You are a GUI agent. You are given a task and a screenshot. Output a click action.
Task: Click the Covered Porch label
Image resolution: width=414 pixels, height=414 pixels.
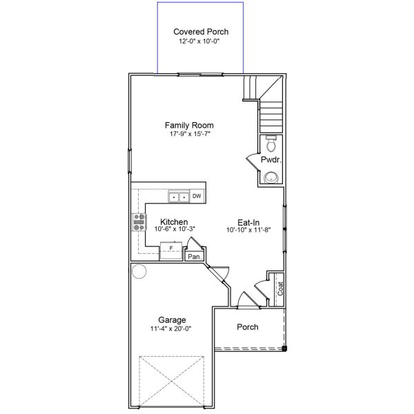(201, 32)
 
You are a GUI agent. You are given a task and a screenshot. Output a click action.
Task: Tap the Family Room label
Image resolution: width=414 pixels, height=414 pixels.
(189, 125)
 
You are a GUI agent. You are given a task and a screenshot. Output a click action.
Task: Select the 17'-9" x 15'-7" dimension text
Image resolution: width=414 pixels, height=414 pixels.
(189, 134)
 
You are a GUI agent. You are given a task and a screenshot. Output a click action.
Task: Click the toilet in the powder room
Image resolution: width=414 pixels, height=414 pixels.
(271, 145)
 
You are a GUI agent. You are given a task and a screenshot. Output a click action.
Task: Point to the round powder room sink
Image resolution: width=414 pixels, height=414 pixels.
(271, 177)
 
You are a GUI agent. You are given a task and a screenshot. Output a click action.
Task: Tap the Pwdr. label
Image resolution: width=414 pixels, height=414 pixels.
(269, 160)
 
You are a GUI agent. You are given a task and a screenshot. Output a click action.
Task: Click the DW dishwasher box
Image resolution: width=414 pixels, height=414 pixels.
(197, 197)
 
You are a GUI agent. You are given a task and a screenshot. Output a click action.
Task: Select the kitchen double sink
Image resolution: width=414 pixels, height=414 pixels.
(179, 197)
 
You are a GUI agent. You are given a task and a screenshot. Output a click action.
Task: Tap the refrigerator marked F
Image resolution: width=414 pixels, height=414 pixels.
(170, 248)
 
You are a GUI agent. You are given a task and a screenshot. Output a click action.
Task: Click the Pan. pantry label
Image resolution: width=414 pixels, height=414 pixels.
(193, 257)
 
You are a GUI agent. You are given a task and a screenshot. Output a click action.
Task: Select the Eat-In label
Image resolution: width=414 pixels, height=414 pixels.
(248, 222)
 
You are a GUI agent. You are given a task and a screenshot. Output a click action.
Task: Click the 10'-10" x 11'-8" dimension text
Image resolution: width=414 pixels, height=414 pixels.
(248, 230)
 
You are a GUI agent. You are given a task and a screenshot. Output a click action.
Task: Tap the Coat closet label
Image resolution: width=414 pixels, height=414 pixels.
(280, 288)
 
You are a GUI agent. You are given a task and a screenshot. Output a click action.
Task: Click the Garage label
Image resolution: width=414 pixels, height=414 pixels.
(172, 320)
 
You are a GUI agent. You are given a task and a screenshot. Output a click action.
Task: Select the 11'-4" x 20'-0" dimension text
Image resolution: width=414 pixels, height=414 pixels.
(172, 328)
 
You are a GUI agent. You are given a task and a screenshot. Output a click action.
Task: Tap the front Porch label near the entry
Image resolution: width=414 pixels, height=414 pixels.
(248, 327)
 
